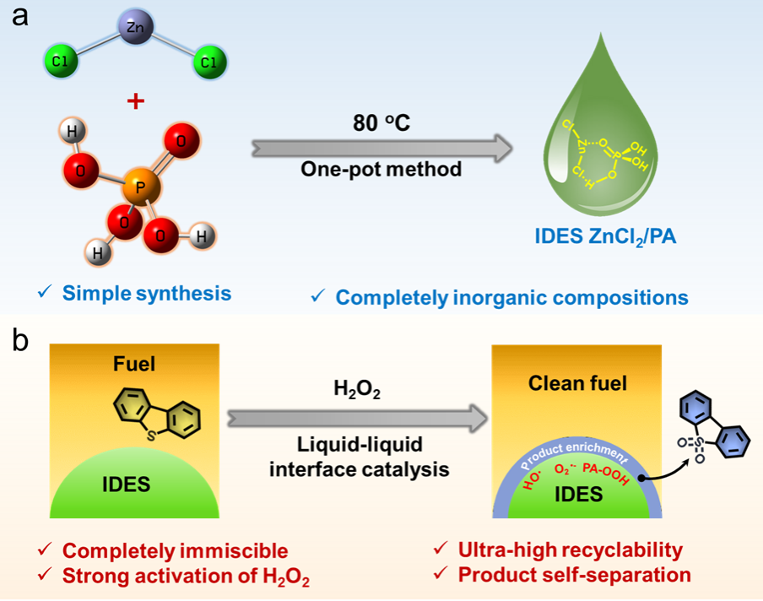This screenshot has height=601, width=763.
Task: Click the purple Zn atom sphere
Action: (133, 27)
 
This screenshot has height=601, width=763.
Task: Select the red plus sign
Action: (133, 101)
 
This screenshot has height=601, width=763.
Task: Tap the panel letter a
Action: (19, 19)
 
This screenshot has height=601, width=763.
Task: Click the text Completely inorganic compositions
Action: (511, 297)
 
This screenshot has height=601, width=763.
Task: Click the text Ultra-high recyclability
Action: (570, 550)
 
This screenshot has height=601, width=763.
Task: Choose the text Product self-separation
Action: (574, 575)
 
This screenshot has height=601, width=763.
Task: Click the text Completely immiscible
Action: (176, 552)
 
